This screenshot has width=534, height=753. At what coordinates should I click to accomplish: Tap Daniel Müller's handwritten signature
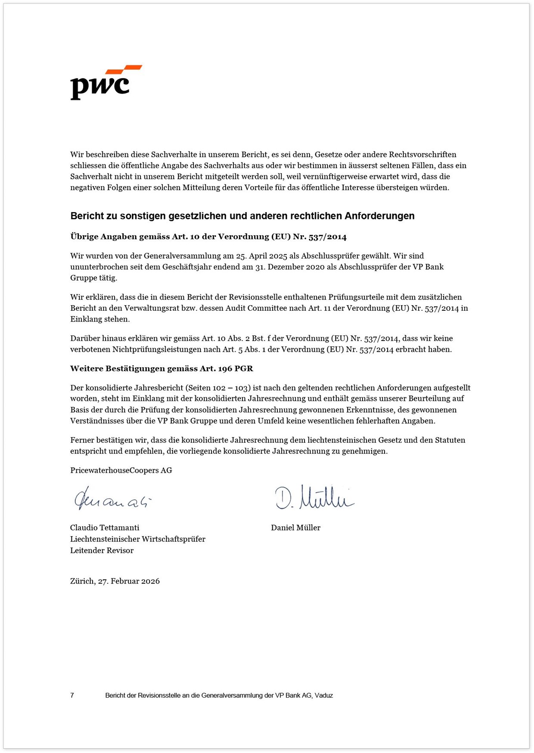pos(314,498)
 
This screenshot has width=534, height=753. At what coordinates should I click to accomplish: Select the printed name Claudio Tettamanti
pos(105,528)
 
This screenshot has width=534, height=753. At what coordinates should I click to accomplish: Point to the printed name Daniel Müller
pos(295,528)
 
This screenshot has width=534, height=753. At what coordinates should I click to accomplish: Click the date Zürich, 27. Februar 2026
pos(115,581)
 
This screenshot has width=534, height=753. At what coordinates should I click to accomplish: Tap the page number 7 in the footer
pos(72,695)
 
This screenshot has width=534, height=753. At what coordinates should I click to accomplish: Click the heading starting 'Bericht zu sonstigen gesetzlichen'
pos(242,216)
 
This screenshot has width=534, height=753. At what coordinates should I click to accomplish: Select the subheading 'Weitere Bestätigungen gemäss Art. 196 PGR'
pos(161,369)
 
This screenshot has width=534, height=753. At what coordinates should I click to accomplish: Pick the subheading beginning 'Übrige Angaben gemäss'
pos(208,237)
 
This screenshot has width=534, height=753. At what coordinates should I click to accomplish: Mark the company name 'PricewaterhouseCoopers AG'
pos(121,470)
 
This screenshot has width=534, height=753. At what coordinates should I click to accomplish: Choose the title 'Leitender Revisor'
pos(102,550)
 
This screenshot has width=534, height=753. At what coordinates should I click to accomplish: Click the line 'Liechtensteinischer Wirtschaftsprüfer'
pos(137,539)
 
